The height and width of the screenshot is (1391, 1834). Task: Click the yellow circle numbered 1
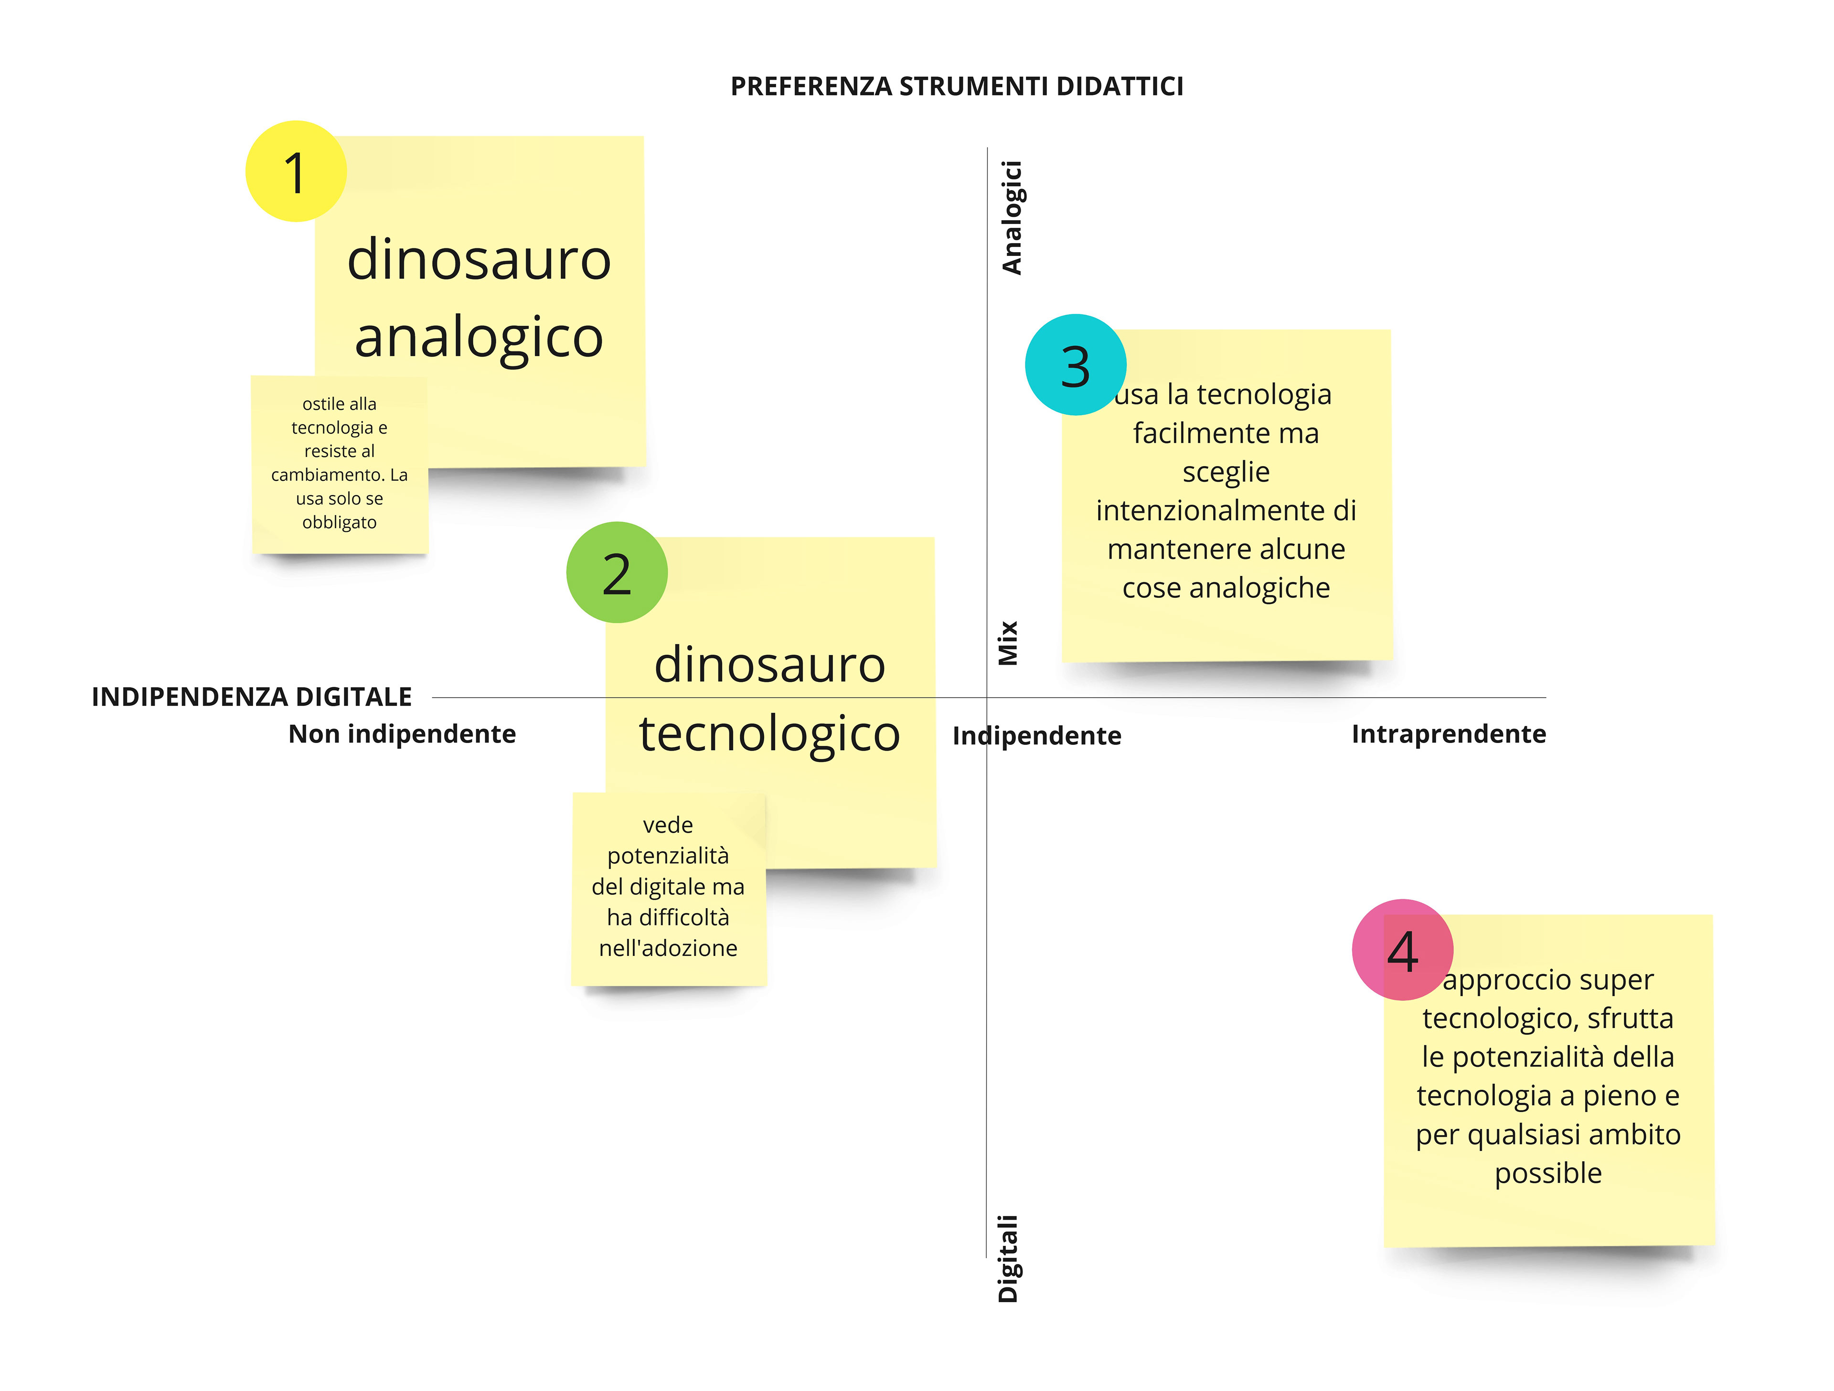[x=295, y=171]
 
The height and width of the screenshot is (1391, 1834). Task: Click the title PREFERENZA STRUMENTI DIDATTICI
[x=956, y=86]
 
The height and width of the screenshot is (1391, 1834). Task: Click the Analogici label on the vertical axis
[x=1012, y=217]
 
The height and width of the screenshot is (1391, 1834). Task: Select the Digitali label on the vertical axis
[x=1007, y=1258]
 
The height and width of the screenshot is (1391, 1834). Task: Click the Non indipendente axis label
[x=402, y=733]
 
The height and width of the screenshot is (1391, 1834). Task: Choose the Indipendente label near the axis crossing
[x=1036, y=735]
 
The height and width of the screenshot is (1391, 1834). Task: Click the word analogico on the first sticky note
[x=479, y=338]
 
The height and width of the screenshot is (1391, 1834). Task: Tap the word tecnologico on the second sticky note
[x=769, y=733]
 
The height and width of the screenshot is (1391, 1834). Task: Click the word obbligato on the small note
[x=339, y=522]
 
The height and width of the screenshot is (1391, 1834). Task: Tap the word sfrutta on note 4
[x=1630, y=1018]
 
